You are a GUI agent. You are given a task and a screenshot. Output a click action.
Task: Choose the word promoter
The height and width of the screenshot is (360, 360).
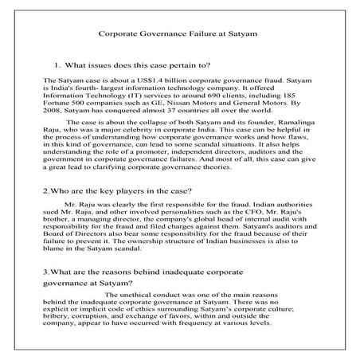click(x=138, y=154)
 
